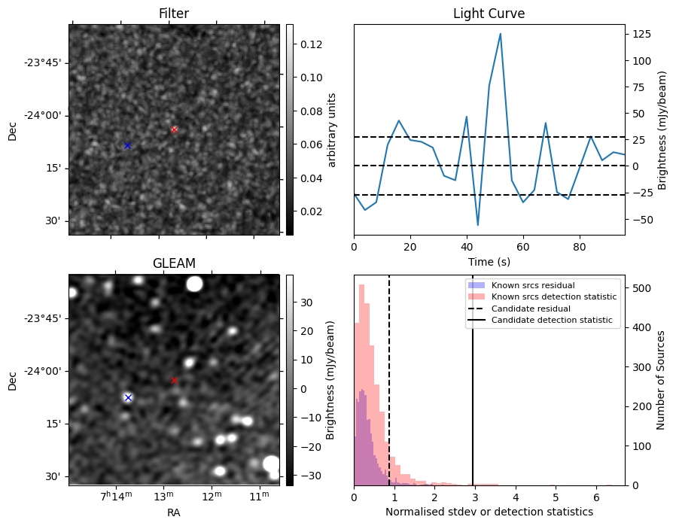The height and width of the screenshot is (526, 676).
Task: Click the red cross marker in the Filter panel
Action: pos(174,129)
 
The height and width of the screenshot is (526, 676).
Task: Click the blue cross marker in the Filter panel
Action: pos(127,145)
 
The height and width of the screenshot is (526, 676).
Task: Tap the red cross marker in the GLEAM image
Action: pos(174,381)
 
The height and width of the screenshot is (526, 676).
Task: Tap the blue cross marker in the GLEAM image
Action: pos(128,397)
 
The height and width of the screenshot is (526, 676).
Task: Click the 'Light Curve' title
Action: pos(489,14)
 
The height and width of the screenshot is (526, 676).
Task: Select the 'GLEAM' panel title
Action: pos(174,263)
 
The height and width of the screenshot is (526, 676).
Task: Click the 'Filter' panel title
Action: pos(174,14)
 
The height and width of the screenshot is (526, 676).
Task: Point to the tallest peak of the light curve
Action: pos(500,34)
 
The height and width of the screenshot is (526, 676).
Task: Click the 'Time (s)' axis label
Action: pos(489,260)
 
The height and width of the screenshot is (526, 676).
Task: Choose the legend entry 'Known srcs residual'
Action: pos(532,285)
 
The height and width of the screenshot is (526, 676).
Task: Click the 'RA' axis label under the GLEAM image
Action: pos(174,512)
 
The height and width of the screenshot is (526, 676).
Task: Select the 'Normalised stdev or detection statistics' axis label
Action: pos(489,512)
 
